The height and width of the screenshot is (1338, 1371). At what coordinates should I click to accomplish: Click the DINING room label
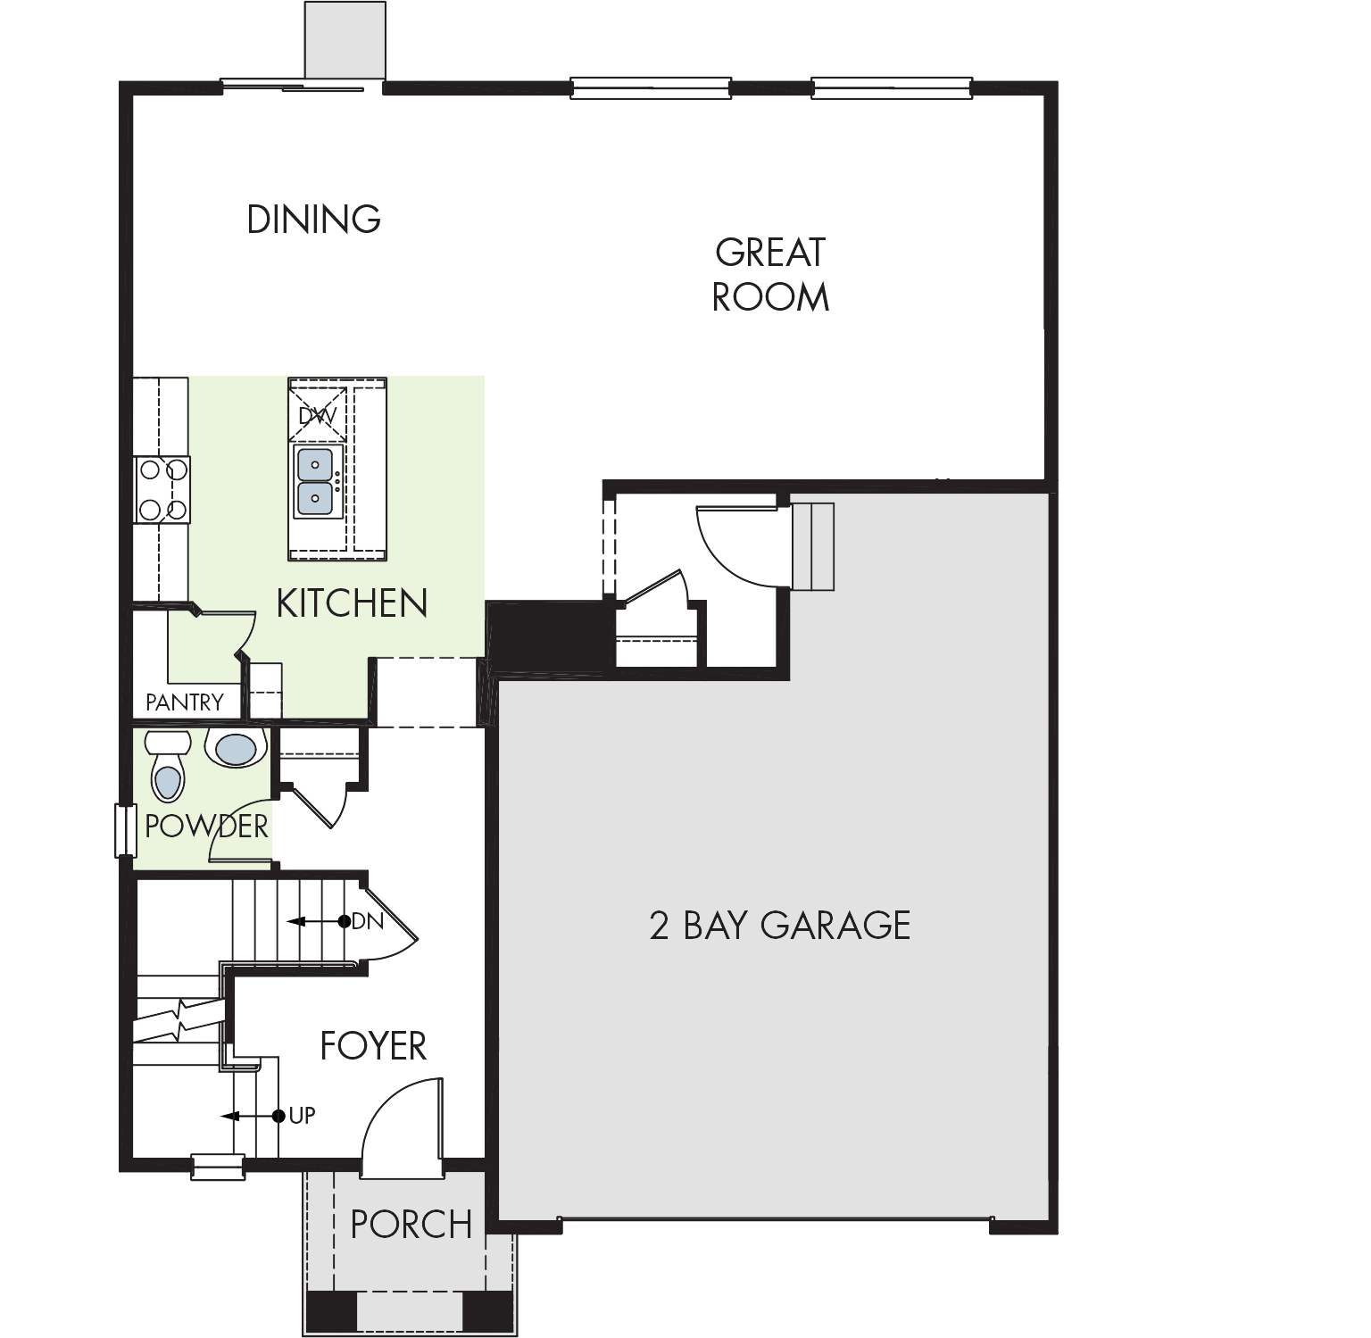313,220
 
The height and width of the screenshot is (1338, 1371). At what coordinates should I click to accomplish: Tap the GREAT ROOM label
770,275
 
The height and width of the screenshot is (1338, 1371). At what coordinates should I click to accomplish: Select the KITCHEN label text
352,603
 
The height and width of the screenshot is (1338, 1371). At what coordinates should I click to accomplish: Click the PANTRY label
185,702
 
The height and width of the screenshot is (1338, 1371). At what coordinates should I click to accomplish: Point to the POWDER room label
206,826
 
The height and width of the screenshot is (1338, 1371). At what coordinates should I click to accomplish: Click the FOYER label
373,1046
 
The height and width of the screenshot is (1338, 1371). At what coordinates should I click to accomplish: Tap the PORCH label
411,1225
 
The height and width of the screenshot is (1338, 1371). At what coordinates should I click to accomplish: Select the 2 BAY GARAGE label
780,926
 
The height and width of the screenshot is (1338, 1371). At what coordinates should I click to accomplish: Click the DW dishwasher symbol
318,415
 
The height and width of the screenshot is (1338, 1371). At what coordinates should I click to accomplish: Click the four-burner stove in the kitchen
162,489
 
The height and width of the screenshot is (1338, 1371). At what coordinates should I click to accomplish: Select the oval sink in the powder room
237,749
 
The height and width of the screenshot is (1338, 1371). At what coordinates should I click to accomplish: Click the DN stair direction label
368,921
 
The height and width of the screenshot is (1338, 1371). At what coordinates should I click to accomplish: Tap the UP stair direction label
302,1116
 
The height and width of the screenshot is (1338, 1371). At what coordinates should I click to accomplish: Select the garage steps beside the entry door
813,546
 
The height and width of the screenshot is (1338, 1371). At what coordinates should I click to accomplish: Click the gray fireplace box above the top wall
345,40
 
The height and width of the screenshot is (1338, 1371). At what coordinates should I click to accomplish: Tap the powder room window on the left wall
124,830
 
